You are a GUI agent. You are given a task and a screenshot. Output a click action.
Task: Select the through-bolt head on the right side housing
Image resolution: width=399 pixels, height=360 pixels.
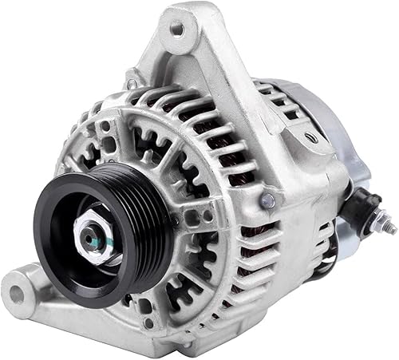point(269,200)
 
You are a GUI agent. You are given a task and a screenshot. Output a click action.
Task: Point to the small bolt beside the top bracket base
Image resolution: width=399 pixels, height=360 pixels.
point(130,83)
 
